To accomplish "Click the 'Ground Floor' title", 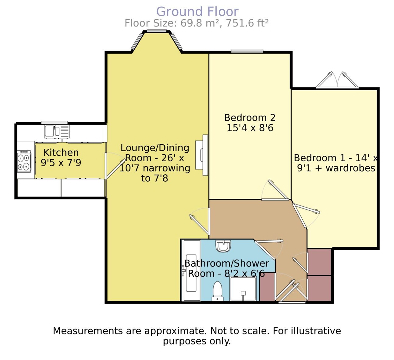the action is point(197,12).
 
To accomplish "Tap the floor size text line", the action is point(197,23).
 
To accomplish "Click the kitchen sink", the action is point(57,131).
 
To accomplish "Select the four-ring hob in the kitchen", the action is point(24,161).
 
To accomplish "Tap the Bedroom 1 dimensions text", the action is point(336,163).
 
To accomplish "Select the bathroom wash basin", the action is point(223,246).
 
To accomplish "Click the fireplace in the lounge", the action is point(201,155).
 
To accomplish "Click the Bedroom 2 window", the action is point(247,51).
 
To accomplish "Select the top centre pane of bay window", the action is point(157,30).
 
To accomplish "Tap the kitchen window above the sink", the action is point(55,123).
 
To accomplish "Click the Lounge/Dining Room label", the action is point(155,163).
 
